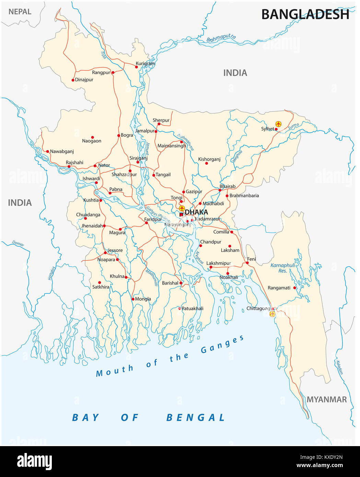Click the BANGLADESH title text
coord(305,14)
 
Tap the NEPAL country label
coord(20,12)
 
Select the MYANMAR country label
coord(326,399)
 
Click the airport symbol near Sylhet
coord(278,124)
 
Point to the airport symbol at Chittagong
coord(272,314)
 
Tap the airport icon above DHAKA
coord(182,208)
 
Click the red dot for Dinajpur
coord(73,80)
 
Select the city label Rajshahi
coord(74,162)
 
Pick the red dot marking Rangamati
coord(295,288)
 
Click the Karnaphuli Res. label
coord(282,268)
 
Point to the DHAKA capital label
coord(196,212)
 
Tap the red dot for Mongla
coord(133,299)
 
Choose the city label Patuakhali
coord(192,309)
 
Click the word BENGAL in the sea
coord(196,418)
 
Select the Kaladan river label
coord(339,368)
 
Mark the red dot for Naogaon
coord(92,137)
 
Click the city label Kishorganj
coord(209,159)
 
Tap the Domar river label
coord(18,244)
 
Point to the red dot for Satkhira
coord(100,283)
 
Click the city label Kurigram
coord(145,63)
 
